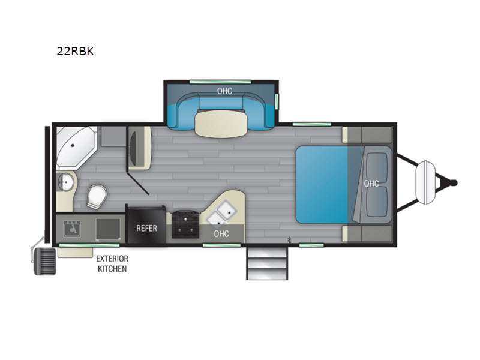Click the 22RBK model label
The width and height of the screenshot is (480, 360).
pyautogui.click(x=76, y=51)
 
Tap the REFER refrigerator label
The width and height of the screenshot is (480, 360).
pyautogui.click(x=146, y=228)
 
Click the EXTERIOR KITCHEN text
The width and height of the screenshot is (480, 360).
pyautogui.click(x=112, y=263)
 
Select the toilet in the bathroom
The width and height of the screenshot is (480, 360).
pyautogui.click(x=97, y=196)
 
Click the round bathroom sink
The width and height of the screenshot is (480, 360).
pyautogui.click(x=65, y=182)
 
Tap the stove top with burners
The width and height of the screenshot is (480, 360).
pyautogui.click(x=185, y=224)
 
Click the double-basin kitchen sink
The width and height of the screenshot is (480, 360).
pyautogui.click(x=221, y=212)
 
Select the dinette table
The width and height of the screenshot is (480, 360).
pyautogui.click(x=221, y=123)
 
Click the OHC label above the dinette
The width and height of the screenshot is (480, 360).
pyautogui.click(x=224, y=91)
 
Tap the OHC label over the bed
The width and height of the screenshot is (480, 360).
pyautogui.click(x=371, y=184)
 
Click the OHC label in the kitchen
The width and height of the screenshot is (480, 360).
pyautogui.click(x=221, y=234)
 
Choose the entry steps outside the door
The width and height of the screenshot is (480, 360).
pyautogui.click(x=267, y=263)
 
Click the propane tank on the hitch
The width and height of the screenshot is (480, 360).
pyautogui.click(x=425, y=183)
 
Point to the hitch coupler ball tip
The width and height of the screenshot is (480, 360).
pyautogui.click(x=454, y=183)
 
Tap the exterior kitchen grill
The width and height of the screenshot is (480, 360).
pyautogui.click(x=45, y=261)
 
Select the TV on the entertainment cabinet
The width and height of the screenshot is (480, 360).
pyautogui.click(x=133, y=148)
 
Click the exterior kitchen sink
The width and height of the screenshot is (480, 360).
pyautogui.click(x=72, y=229)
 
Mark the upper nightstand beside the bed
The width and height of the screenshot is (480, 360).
pyautogui.click(x=367, y=134)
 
